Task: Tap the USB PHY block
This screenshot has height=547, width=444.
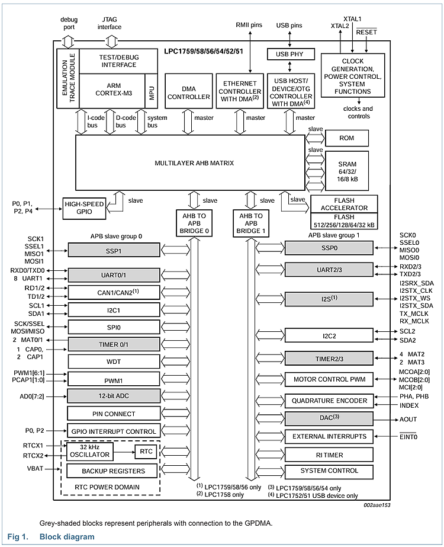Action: click(289, 54)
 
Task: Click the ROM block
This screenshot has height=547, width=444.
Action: click(346, 137)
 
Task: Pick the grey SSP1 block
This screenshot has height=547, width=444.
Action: click(113, 249)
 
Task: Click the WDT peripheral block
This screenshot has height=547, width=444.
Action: click(113, 360)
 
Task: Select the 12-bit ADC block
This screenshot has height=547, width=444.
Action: click(113, 396)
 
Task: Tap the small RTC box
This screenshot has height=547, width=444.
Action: click(146, 452)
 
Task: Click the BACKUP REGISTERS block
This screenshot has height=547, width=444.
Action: click(113, 471)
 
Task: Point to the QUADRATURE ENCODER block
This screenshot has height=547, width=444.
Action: click(329, 401)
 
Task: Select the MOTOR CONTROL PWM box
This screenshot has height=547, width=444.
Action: click(329, 379)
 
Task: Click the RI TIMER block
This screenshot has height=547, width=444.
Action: click(329, 455)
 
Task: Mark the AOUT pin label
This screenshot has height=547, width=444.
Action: click(408, 419)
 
